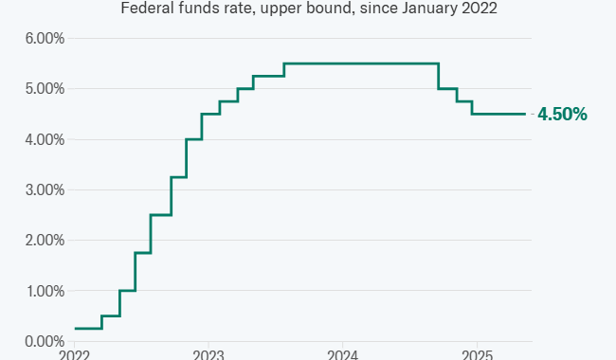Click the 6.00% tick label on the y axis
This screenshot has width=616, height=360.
click(45, 39)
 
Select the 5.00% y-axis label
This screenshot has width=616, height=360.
click(45, 89)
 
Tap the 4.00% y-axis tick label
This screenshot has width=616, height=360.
click(45, 139)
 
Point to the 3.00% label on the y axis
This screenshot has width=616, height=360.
click(45, 190)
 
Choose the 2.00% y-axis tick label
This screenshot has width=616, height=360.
click(45, 241)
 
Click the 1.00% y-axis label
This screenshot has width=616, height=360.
click(45, 291)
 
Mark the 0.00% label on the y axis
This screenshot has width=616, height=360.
click(45, 342)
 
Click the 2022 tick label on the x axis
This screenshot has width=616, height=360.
click(74, 355)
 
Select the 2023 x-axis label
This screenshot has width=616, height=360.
click(208, 355)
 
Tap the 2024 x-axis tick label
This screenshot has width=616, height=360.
click(342, 355)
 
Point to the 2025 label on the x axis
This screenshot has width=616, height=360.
click(477, 355)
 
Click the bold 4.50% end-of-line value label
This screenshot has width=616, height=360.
click(562, 115)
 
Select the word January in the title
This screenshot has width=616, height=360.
click(430, 9)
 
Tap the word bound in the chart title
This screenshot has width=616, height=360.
click(334, 8)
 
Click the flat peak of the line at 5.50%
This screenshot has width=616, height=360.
click(361, 63)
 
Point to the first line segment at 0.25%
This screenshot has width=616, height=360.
click(88, 329)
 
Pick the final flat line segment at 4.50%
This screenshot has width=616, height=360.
click(498, 114)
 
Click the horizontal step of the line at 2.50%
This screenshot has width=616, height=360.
click(161, 215)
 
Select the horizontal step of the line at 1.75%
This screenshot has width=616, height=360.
click(143, 253)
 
